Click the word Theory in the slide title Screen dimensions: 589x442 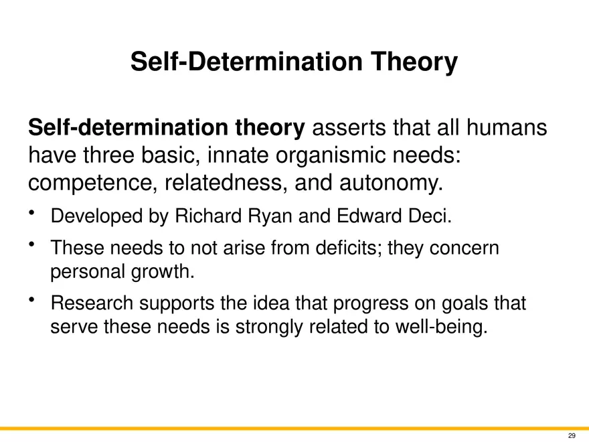(414, 62)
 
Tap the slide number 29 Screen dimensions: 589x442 (572, 435)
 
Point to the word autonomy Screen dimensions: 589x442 (391, 183)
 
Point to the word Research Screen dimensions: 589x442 (92, 303)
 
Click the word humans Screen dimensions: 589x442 (507, 127)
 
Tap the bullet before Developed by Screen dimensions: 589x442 (31, 213)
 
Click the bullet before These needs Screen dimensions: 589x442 (31, 244)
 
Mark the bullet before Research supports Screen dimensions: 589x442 (31, 299)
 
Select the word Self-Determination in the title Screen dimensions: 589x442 (246, 62)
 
